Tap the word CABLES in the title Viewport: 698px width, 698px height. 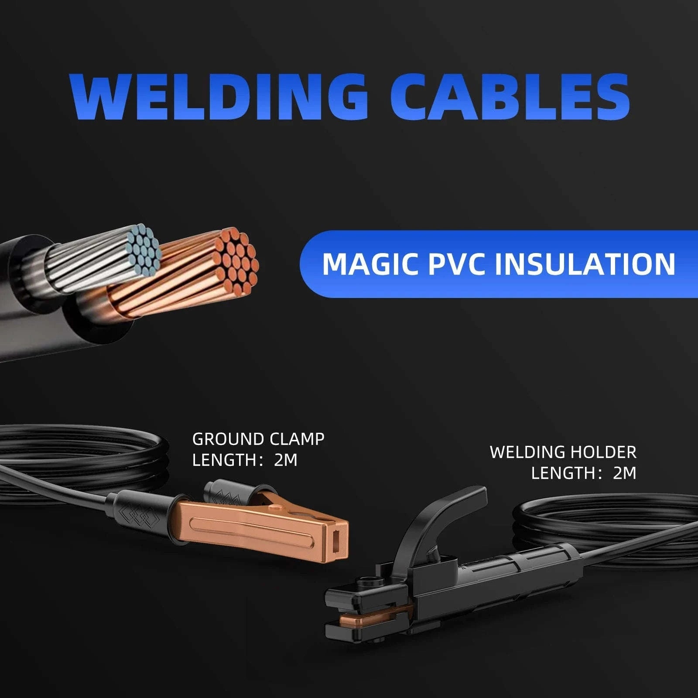pos(509,96)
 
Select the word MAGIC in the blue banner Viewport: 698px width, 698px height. pos(371,263)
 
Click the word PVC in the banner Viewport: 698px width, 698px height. pos(455,263)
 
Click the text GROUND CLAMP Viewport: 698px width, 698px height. pos(258,439)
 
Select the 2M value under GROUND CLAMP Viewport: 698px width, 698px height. pos(286,460)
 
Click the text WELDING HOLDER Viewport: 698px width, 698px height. pos(563,452)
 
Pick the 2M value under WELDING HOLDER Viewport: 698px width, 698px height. pos(625,473)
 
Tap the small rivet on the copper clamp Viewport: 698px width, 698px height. pos(276,508)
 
